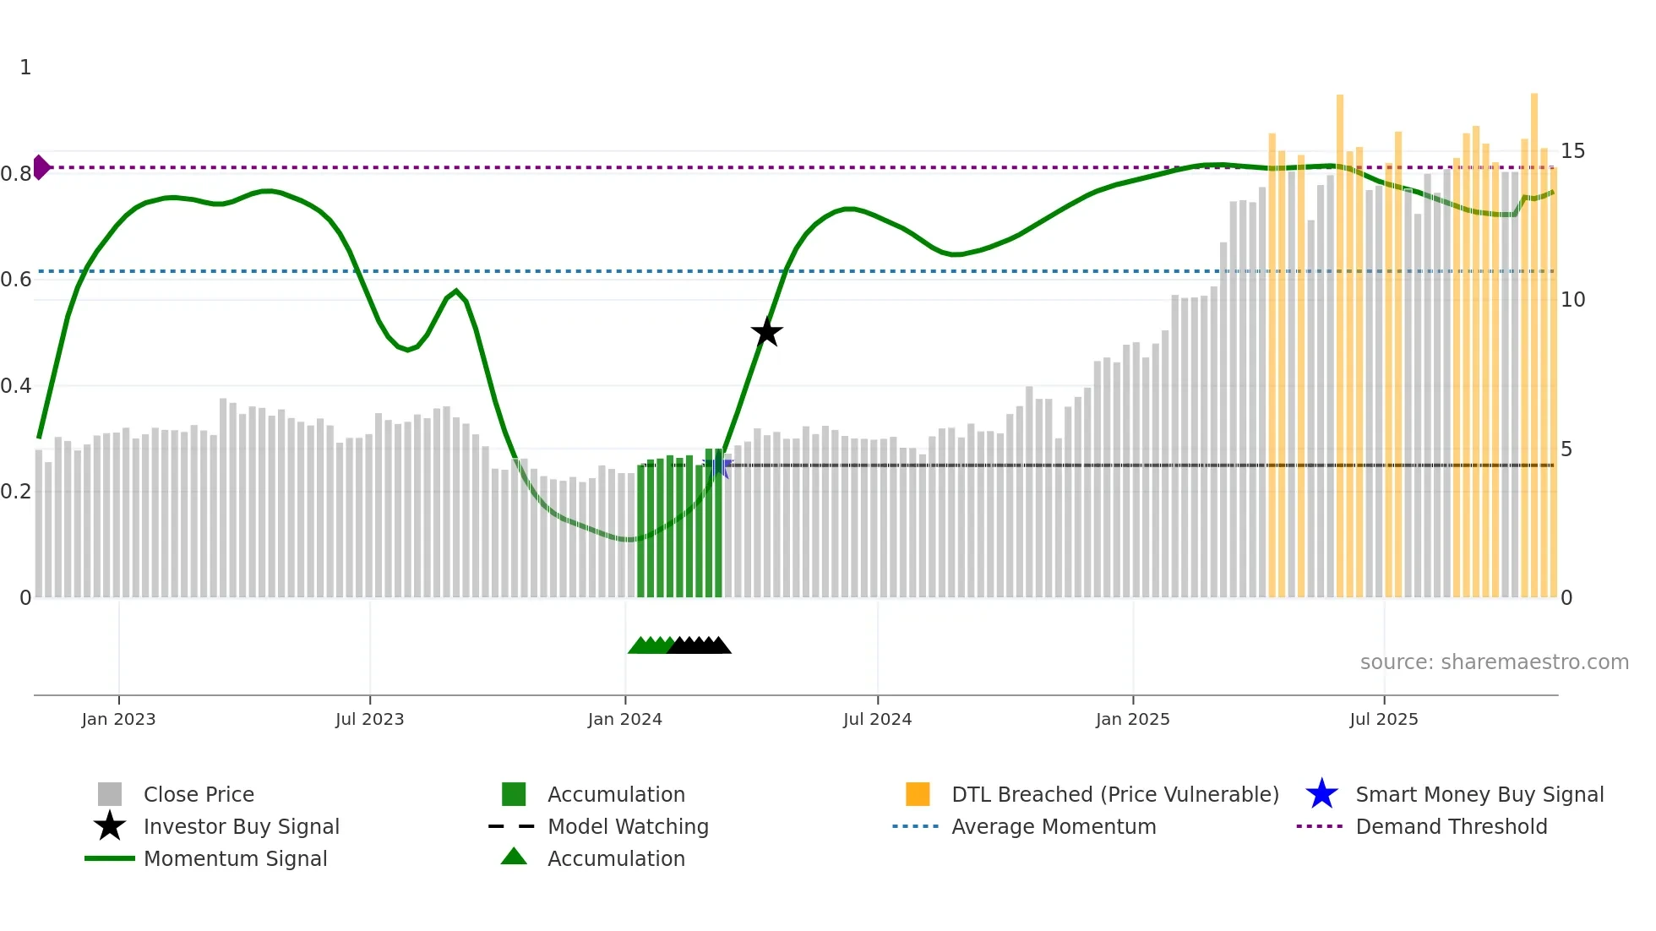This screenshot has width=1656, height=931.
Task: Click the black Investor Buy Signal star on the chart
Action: coord(766,332)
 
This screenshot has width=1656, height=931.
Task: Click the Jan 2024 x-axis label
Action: coord(624,719)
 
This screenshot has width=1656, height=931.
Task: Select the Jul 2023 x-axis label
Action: coord(369,719)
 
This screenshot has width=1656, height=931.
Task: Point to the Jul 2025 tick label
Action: coord(1383,719)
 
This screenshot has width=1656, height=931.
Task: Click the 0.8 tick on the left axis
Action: coord(16,174)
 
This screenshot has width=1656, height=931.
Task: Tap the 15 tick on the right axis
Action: coord(1572,151)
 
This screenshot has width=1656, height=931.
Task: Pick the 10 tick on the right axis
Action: coord(1572,300)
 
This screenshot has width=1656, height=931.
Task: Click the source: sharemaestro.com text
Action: coord(1494,662)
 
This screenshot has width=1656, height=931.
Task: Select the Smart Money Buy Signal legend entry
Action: coord(1479,794)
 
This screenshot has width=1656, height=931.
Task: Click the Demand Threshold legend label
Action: coord(1451,826)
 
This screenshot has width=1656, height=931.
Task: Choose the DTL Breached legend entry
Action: coord(1114,794)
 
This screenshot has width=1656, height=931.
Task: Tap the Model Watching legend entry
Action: coord(627,826)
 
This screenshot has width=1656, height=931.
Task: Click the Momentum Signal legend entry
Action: coord(235,858)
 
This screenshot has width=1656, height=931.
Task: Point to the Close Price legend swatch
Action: coord(110,794)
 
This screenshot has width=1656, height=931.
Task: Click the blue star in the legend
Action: coord(1321,794)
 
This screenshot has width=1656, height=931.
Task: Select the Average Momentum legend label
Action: coord(1053,826)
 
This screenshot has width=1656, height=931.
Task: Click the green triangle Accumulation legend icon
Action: coord(514,857)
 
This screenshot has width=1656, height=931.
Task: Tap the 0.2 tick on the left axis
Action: coord(16,492)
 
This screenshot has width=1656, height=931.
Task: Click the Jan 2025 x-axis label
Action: coord(1132,719)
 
